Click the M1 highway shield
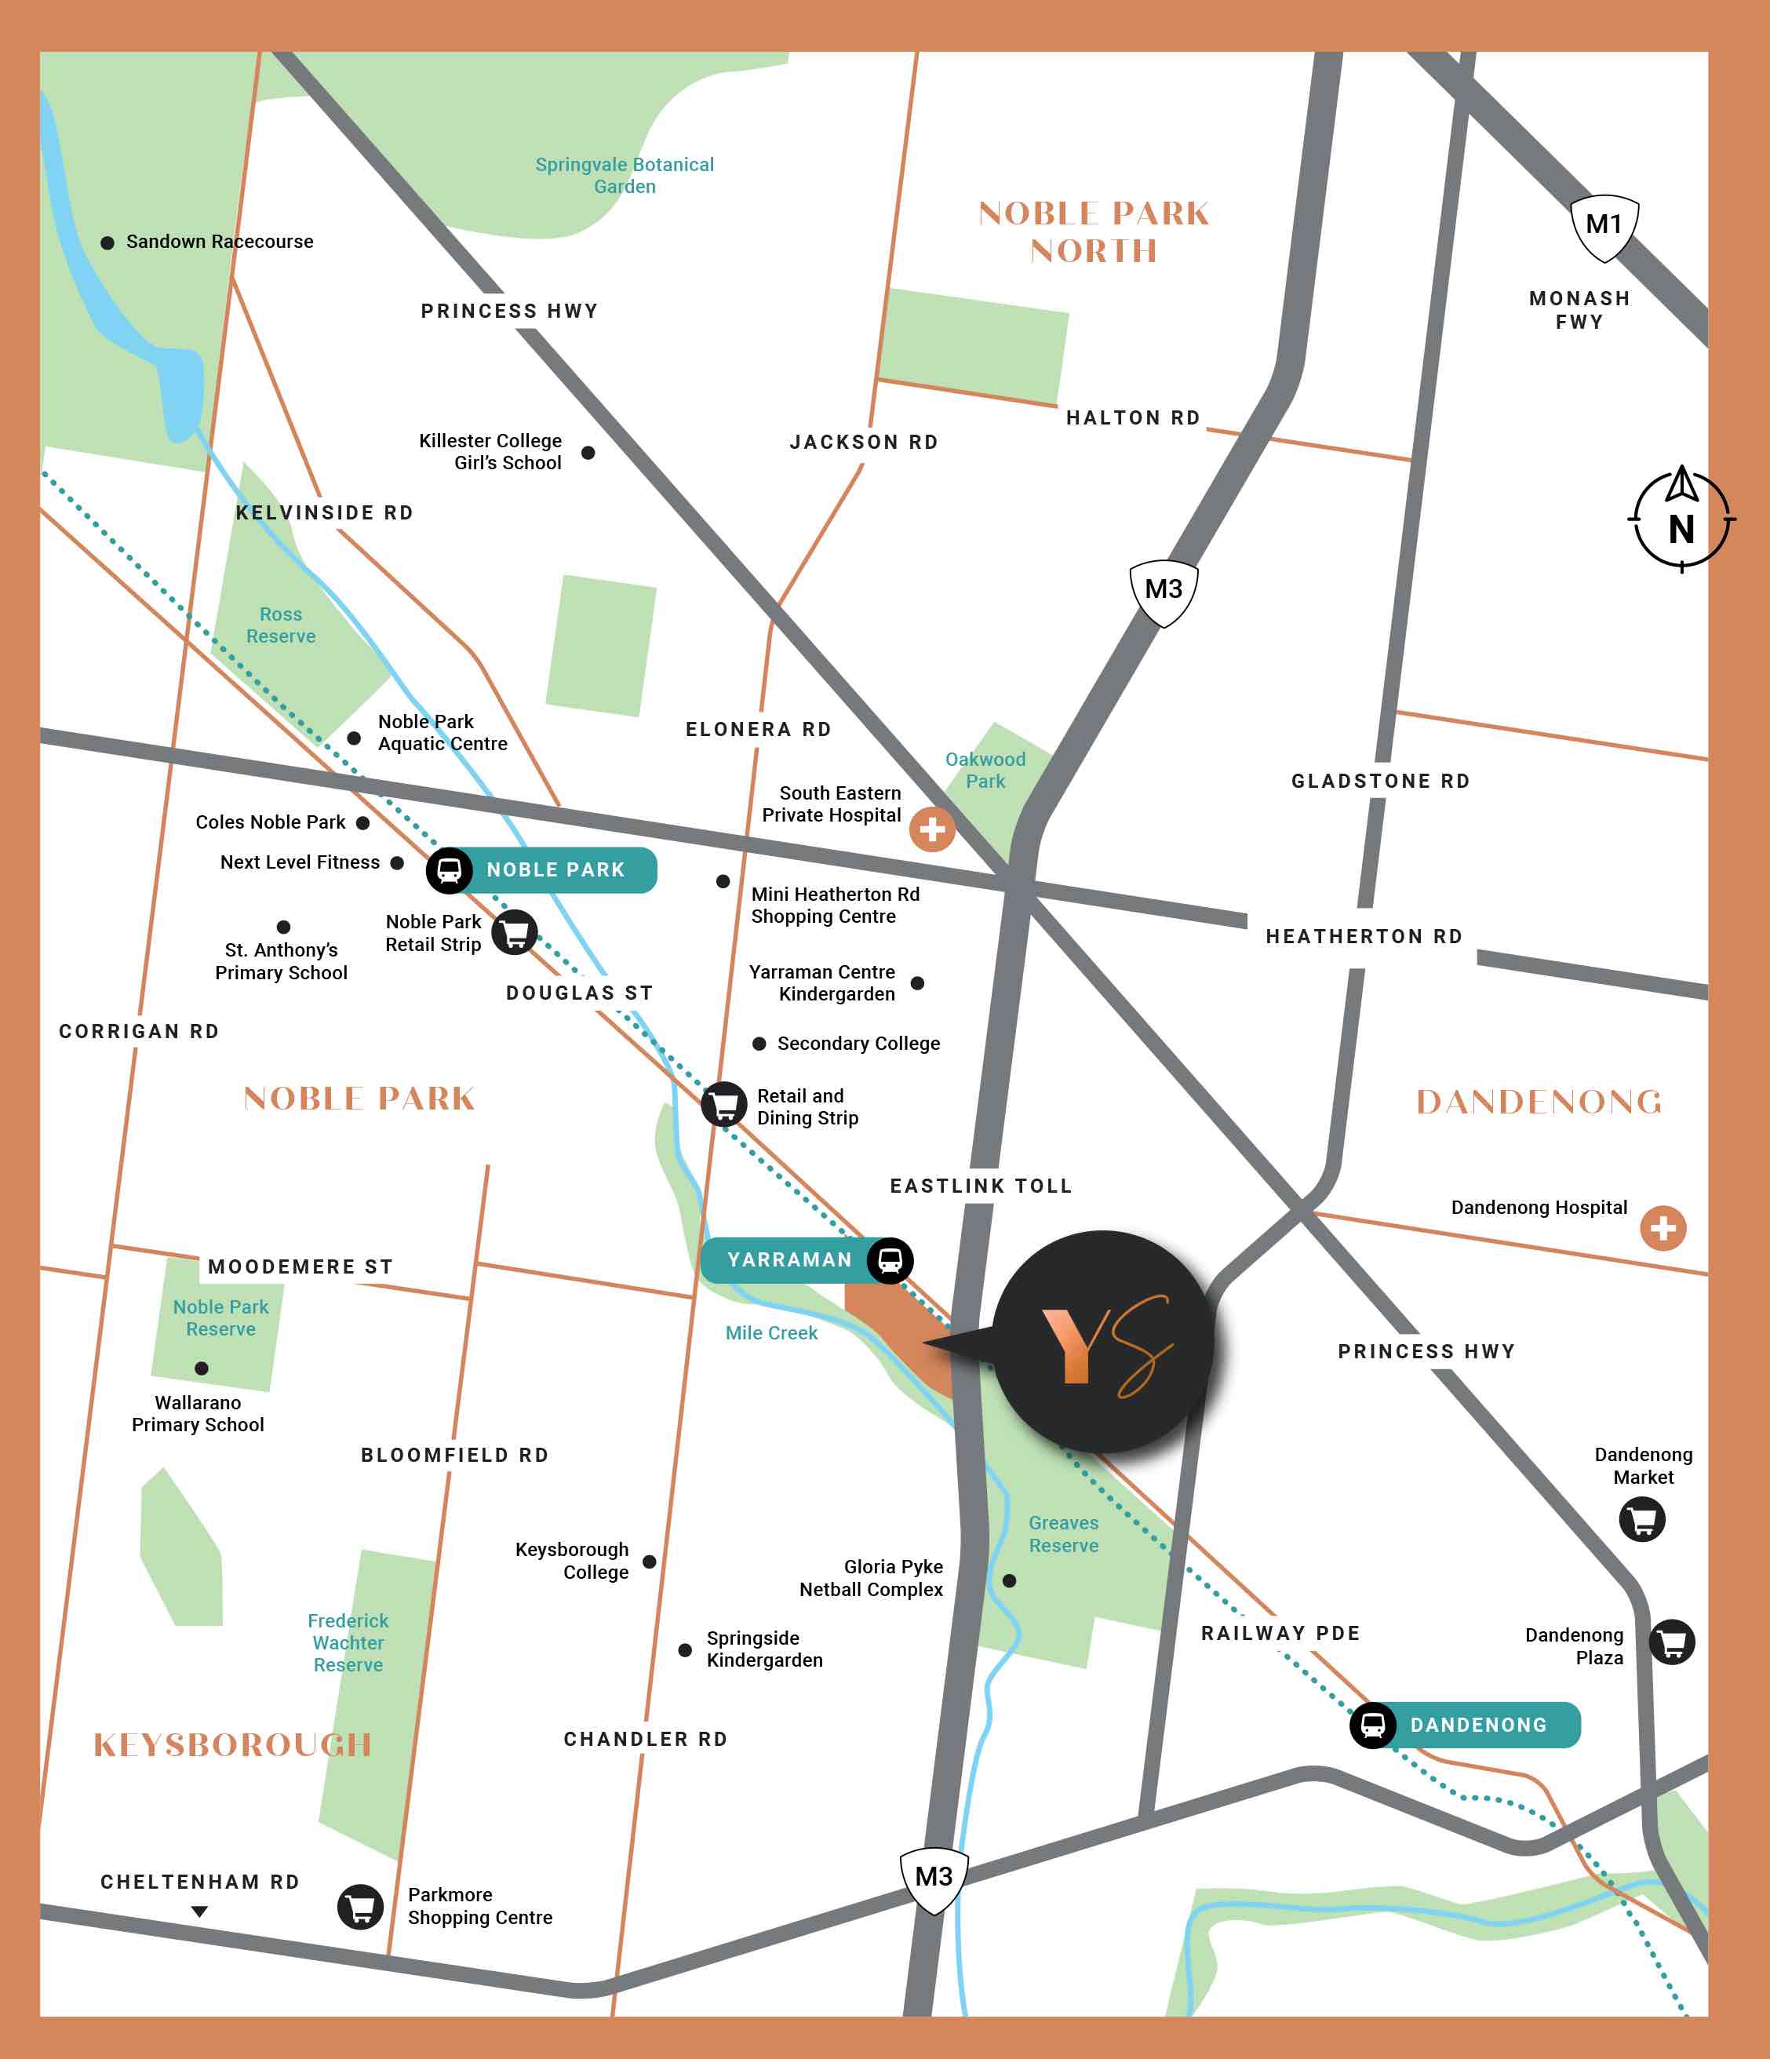1603,228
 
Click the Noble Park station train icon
450,870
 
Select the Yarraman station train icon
890,1260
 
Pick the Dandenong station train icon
1372,1725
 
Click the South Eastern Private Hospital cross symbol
931,829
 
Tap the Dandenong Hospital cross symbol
1663,1228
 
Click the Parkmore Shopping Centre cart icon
360,1907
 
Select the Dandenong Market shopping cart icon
1642,1519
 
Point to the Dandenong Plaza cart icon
1672,1642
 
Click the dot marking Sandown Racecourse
107,242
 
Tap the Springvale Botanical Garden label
624,176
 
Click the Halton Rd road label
1132,418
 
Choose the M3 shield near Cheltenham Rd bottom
933,1879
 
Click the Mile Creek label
771,1334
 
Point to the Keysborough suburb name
232,1745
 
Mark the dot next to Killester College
588,453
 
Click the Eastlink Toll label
981,1186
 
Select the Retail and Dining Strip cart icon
724,1104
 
